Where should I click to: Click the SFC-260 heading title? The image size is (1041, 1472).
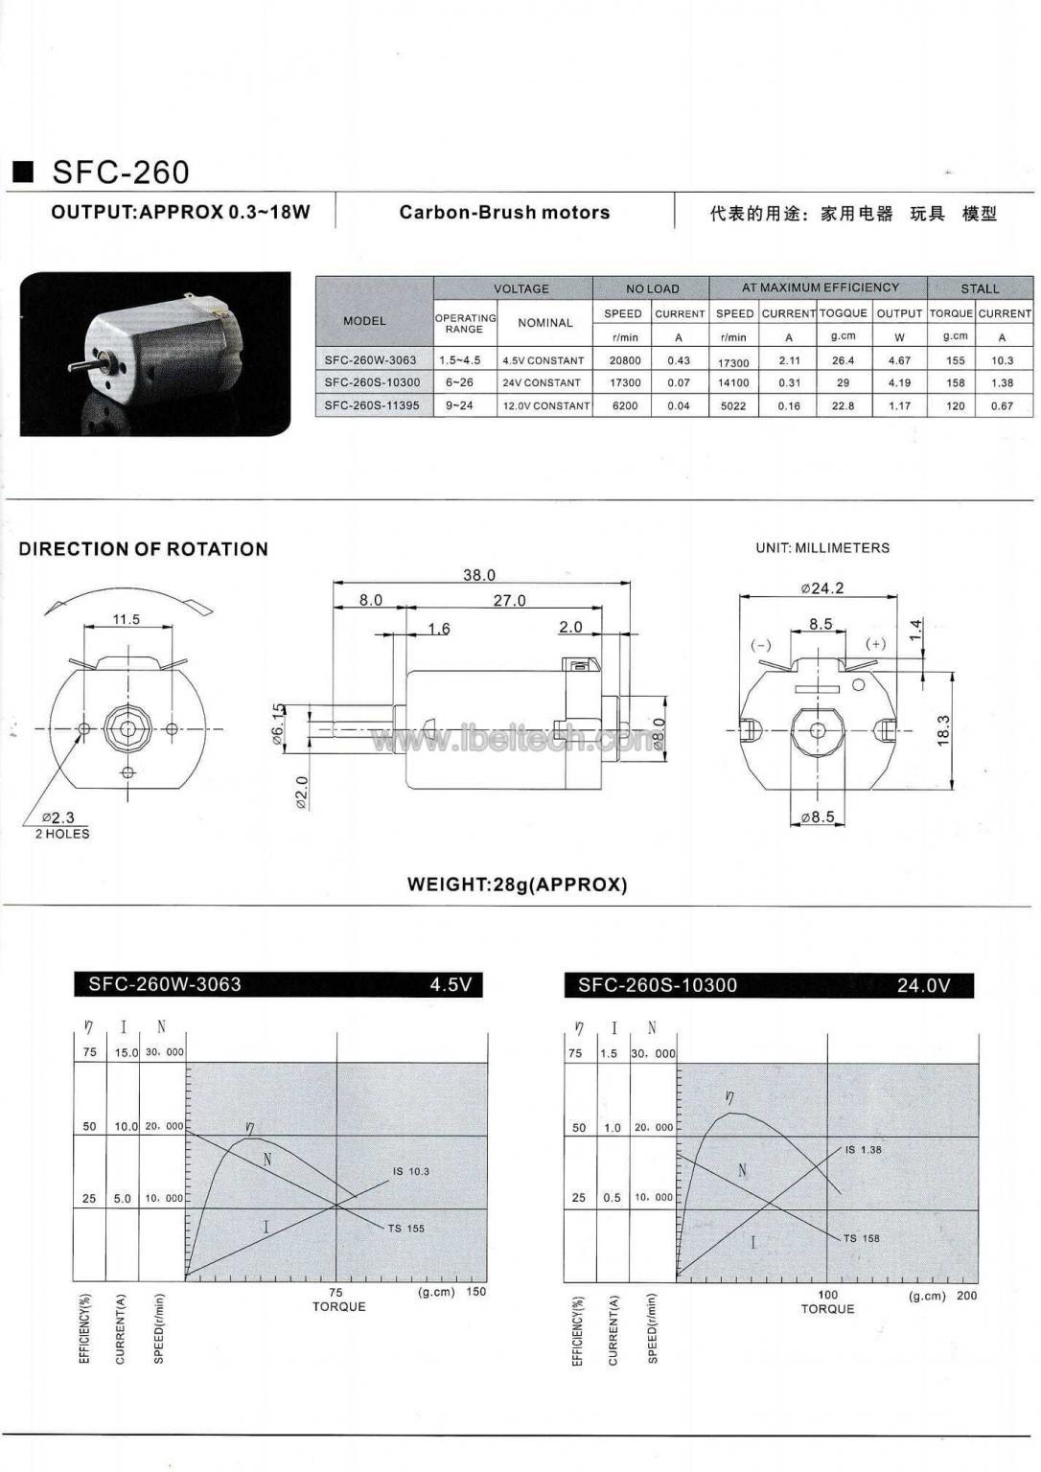[120, 172]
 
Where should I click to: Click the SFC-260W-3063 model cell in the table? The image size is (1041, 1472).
[370, 360]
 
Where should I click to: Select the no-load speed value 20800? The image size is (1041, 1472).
[624, 360]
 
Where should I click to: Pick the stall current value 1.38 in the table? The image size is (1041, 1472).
[1002, 382]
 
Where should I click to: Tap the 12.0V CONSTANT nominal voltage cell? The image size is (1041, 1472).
[545, 405]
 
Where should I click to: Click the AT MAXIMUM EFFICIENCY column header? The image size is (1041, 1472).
[820, 287]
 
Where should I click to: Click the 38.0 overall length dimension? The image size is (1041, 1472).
[478, 575]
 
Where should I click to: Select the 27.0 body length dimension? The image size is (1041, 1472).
[509, 600]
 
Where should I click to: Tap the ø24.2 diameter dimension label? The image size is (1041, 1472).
[821, 587]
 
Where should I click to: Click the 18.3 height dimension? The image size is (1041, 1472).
[943, 730]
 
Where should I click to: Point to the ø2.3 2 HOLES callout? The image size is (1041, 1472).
[59, 823]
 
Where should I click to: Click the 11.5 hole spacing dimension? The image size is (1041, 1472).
[126, 619]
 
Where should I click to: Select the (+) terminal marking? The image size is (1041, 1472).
[875, 643]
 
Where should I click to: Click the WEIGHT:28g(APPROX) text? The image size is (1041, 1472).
[517, 885]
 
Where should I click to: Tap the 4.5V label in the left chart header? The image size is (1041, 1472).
[451, 984]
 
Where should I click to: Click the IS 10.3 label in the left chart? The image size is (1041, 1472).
[410, 1171]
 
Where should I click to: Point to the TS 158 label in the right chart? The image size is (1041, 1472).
[861, 1238]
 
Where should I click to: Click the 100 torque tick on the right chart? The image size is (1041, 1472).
[827, 1295]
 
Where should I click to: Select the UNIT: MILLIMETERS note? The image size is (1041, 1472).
[821, 548]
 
